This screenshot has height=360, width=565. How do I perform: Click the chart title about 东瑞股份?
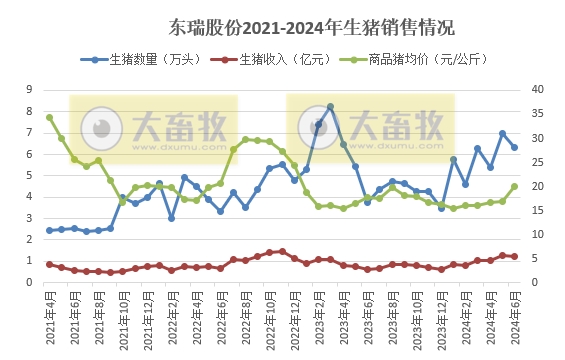coord(283,24)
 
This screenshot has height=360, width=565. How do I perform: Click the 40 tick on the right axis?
coord(535,90)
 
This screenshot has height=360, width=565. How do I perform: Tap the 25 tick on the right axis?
coord(535,162)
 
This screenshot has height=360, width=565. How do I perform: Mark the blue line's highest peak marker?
coord(330,106)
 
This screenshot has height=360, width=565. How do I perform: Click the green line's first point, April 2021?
coord(49,117)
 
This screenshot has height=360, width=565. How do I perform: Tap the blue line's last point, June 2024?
coord(515,147)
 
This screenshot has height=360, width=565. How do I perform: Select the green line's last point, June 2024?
coord(515,186)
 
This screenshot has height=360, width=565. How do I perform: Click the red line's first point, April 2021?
coord(49,264)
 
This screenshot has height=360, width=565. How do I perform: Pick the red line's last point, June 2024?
coord(515,257)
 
